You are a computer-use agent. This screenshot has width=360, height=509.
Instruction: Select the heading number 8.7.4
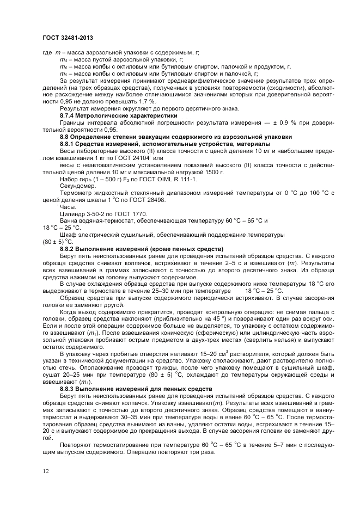coord(68,116)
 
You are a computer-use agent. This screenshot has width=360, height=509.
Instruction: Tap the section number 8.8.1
coord(69,143)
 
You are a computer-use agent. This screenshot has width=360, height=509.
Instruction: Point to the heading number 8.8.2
coord(69,249)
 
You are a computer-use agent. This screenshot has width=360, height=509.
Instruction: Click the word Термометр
coord(76,193)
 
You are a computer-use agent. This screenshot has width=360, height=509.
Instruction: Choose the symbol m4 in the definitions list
coord(63,59)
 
